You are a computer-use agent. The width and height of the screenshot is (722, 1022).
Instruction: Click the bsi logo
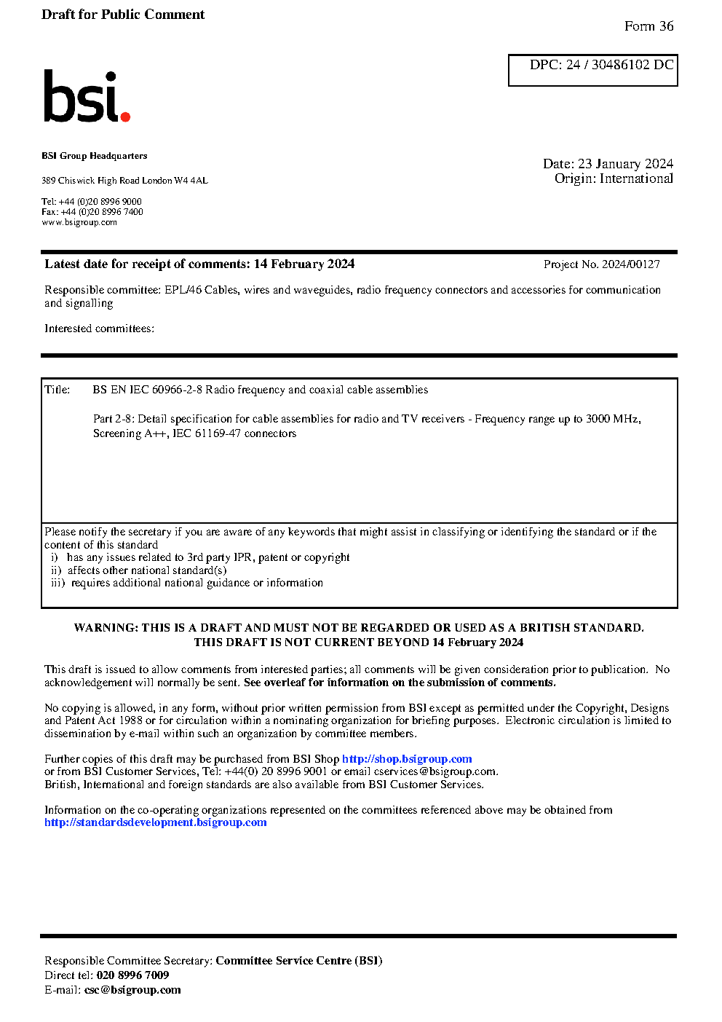click(86, 97)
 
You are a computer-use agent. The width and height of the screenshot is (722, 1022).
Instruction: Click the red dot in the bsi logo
click(125, 116)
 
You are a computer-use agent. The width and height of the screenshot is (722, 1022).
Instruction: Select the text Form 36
click(648, 26)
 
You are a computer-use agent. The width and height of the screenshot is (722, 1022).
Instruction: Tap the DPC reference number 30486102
click(620, 65)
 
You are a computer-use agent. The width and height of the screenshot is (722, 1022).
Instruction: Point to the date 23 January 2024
click(625, 164)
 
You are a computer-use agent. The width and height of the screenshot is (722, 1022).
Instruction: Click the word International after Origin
click(636, 178)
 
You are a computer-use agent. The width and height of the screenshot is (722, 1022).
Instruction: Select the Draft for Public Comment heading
click(123, 15)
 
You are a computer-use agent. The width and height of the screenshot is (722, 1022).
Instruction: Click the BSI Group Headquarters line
click(95, 156)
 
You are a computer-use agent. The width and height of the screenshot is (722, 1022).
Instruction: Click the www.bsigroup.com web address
click(79, 222)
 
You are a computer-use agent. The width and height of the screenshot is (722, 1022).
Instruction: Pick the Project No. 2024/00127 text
click(601, 264)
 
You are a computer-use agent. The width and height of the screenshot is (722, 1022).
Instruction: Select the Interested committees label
click(99, 329)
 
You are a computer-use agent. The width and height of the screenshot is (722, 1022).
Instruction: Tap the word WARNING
click(106, 628)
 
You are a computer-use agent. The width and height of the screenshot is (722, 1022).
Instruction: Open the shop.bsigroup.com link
click(407, 759)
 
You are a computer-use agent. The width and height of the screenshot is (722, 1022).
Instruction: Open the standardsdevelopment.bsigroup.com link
click(155, 822)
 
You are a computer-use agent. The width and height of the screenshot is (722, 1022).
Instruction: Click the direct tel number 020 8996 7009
click(132, 975)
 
